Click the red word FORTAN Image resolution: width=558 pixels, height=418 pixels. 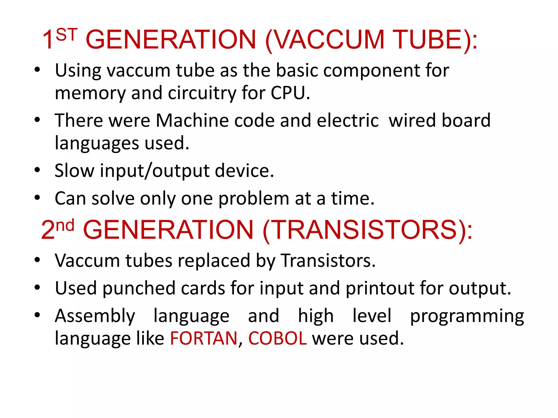click(204, 338)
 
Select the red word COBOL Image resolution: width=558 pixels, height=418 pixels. click(277, 338)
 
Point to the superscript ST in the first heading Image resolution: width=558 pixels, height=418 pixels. click(67, 35)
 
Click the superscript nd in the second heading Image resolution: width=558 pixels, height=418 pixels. click(65, 225)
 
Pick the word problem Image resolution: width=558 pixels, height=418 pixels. click(254, 198)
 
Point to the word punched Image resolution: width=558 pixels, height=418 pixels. click(139, 288)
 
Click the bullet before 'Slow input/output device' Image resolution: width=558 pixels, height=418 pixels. click(37, 170)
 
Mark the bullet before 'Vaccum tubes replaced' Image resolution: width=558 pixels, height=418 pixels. click(37, 260)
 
